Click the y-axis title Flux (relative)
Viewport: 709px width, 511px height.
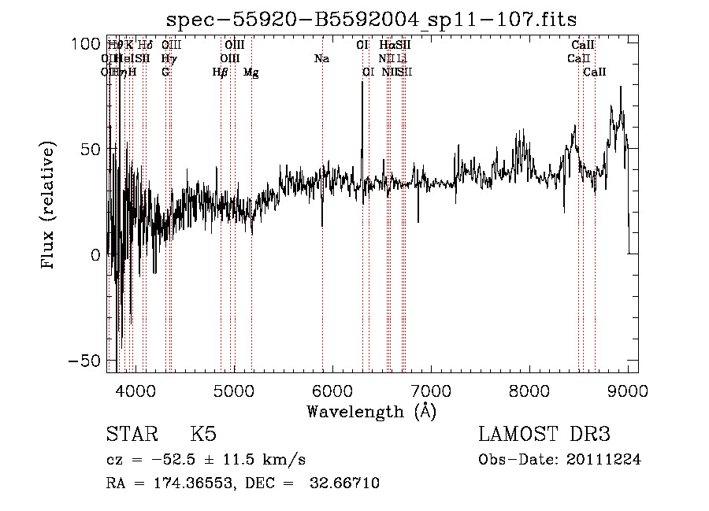[48, 206]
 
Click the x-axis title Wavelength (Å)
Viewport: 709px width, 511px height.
[371, 411]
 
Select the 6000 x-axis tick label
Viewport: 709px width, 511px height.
[332, 390]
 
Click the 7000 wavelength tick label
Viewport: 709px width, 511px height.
[430, 390]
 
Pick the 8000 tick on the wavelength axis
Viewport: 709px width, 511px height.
[529, 390]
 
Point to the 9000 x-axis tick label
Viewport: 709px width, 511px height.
[627, 390]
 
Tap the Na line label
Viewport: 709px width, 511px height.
[321, 58]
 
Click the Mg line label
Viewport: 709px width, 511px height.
[251, 72]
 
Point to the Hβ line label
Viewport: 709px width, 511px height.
[220, 72]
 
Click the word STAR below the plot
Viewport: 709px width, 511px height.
[132, 435]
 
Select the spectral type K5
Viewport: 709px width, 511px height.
[203, 435]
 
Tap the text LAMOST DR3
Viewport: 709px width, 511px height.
[544, 435]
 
